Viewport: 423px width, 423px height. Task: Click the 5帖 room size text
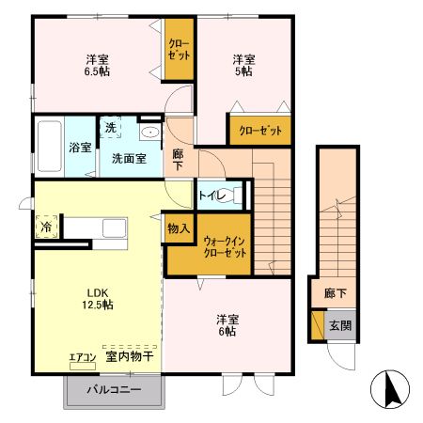pos(243,70)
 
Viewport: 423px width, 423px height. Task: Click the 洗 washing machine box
pos(110,127)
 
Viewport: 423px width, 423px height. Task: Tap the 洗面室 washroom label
pos(128,159)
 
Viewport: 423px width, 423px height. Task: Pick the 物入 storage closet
pos(179,228)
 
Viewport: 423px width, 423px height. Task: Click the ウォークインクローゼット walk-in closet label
pos(225,247)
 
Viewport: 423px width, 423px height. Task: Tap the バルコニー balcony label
pos(114,389)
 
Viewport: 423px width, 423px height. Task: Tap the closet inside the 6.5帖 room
pos(179,49)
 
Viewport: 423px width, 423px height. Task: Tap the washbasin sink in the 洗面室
pos(149,133)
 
